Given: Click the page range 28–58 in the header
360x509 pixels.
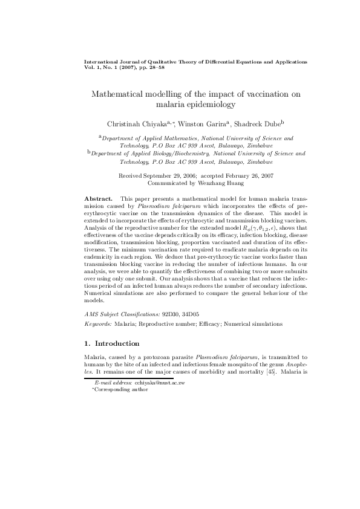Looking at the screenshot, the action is coord(155,68).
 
